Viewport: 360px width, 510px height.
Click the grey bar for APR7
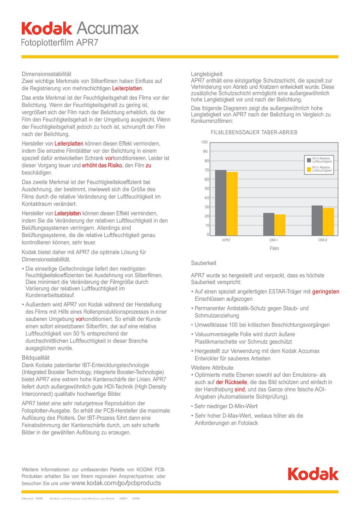[x=220, y=203]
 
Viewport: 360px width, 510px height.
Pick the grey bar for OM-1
[x=268, y=224]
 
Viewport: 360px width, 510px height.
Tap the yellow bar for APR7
[x=232, y=204]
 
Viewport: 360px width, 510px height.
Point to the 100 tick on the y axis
[x=204, y=142]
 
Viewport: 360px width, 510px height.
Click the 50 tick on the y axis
[x=207, y=188]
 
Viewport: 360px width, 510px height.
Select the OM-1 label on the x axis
[x=273, y=240]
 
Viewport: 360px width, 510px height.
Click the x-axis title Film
[x=274, y=248]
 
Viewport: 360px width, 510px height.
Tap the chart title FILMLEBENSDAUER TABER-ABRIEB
[x=254, y=132]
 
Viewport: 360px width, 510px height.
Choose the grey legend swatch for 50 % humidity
[x=309, y=160]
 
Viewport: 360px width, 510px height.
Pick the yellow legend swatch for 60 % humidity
[x=309, y=169]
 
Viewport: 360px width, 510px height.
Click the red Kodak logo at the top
[x=47, y=29]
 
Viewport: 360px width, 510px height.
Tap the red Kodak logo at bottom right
[x=313, y=474]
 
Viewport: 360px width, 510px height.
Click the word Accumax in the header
[x=108, y=29]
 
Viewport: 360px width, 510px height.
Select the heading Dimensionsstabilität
[x=46, y=74]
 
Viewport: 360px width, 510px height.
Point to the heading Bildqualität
[x=36, y=358]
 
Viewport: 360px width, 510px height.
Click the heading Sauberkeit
[x=204, y=263]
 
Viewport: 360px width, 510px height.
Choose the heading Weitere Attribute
[x=212, y=368]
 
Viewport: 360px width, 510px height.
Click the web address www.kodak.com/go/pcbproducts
[x=116, y=483]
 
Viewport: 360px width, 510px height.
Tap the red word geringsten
[x=325, y=292]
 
